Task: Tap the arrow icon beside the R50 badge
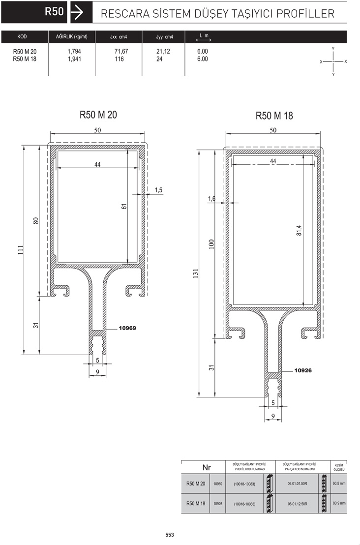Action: click(77, 12)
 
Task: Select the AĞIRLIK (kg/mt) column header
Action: click(72, 36)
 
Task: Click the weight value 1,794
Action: click(74, 52)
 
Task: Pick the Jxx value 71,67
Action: click(121, 52)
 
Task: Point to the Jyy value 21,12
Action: click(163, 52)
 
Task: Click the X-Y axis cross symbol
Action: click(333, 61)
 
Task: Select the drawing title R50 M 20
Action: click(98, 115)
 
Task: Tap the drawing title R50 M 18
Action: click(274, 116)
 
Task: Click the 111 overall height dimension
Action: click(21, 250)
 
